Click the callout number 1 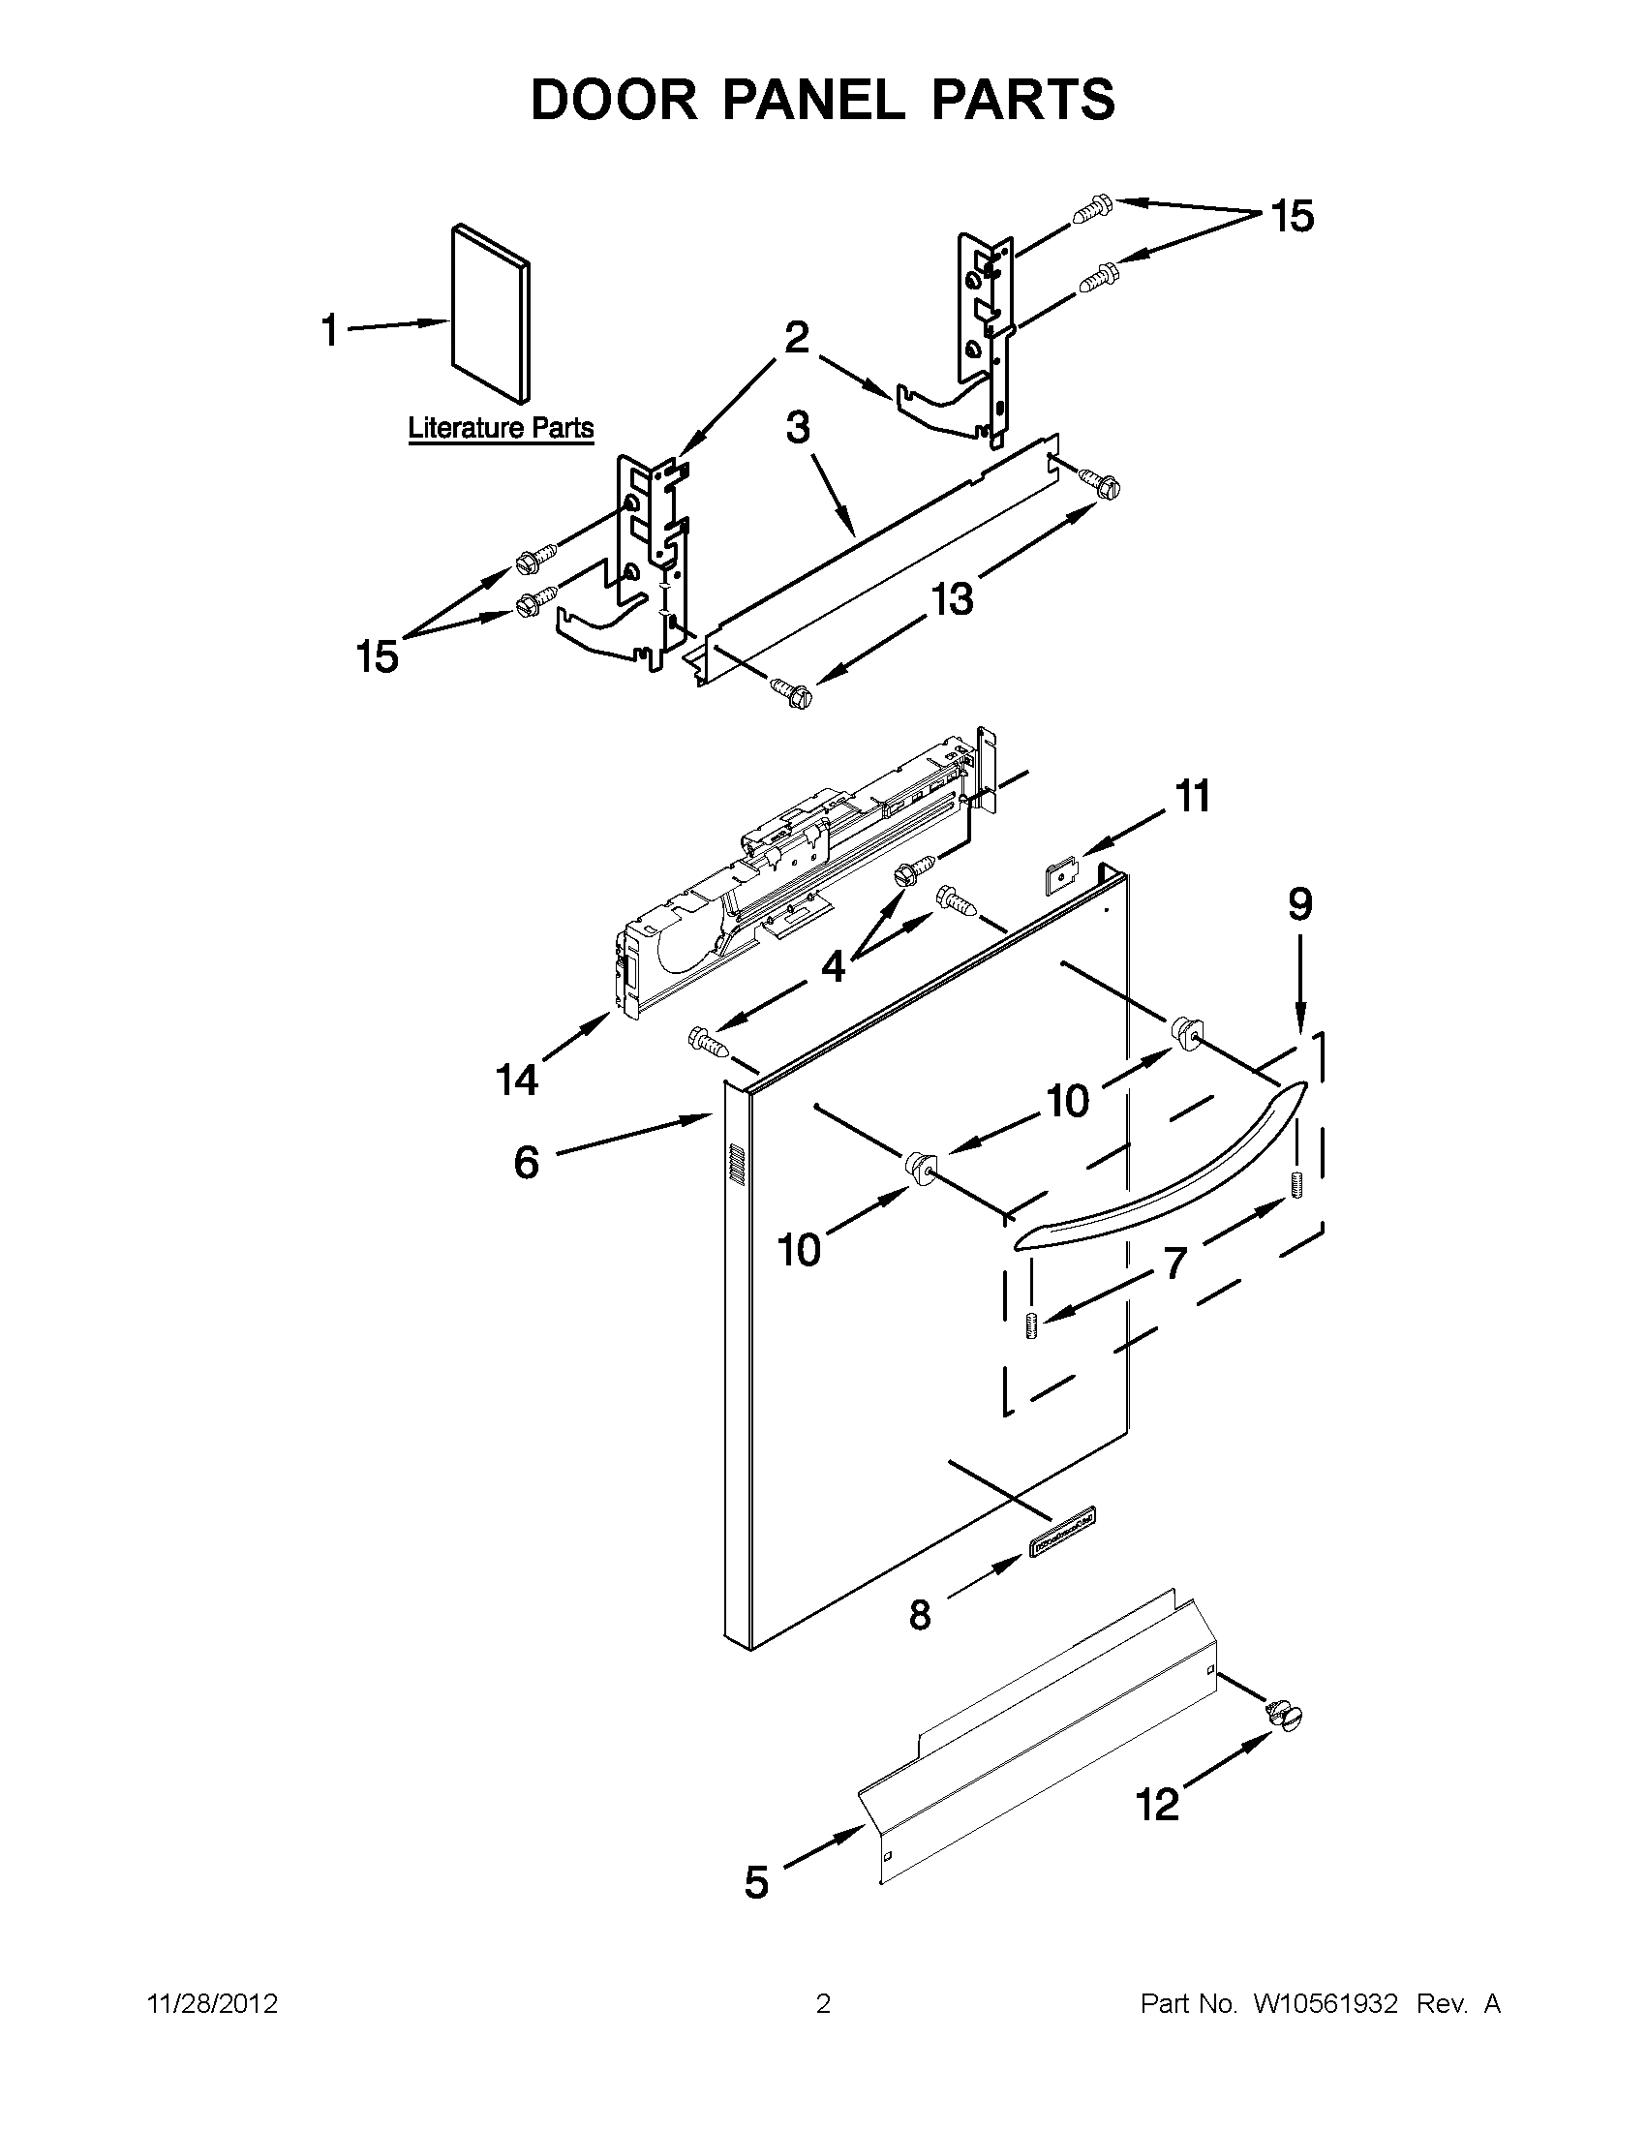click(330, 331)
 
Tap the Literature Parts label click(500, 427)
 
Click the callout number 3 click(798, 427)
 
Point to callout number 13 click(952, 598)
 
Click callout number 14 click(517, 1080)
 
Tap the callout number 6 click(526, 1162)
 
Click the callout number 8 click(920, 1615)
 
